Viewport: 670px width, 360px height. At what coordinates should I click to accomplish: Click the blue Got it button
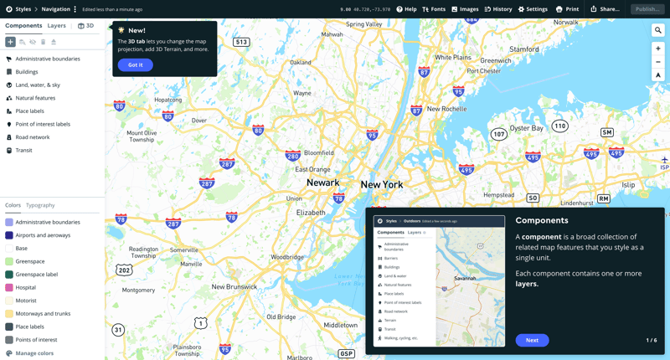tap(135, 64)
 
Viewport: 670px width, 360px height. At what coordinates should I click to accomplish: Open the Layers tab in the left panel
tap(56, 26)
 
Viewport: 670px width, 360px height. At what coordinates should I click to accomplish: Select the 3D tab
tap(86, 26)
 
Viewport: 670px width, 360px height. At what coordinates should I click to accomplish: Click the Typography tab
tap(40, 205)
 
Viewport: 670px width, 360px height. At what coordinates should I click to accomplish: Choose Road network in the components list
tap(33, 137)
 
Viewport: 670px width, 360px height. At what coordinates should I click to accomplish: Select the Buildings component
tap(27, 72)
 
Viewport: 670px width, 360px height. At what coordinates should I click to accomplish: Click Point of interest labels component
tap(43, 124)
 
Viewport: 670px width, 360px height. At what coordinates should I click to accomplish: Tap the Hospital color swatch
tap(9, 287)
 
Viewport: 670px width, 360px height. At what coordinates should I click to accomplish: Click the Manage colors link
tap(34, 353)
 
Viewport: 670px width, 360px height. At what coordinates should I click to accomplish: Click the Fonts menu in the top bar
tap(434, 9)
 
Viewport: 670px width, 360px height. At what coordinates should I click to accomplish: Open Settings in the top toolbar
tap(533, 9)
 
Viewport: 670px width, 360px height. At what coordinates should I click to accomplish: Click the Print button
tap(568, 9)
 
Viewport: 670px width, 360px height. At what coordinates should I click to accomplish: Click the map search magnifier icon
tap(658, 30)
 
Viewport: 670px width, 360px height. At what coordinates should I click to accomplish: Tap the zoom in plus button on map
tap(658, 49)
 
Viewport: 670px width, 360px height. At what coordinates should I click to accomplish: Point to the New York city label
tap(382, 184)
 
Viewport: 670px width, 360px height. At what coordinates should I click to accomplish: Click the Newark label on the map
tap(322, 183)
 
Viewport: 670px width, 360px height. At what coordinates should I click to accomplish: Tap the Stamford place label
tap(524, 49)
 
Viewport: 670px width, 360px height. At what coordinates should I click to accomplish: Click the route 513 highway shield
tap(241, 42)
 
